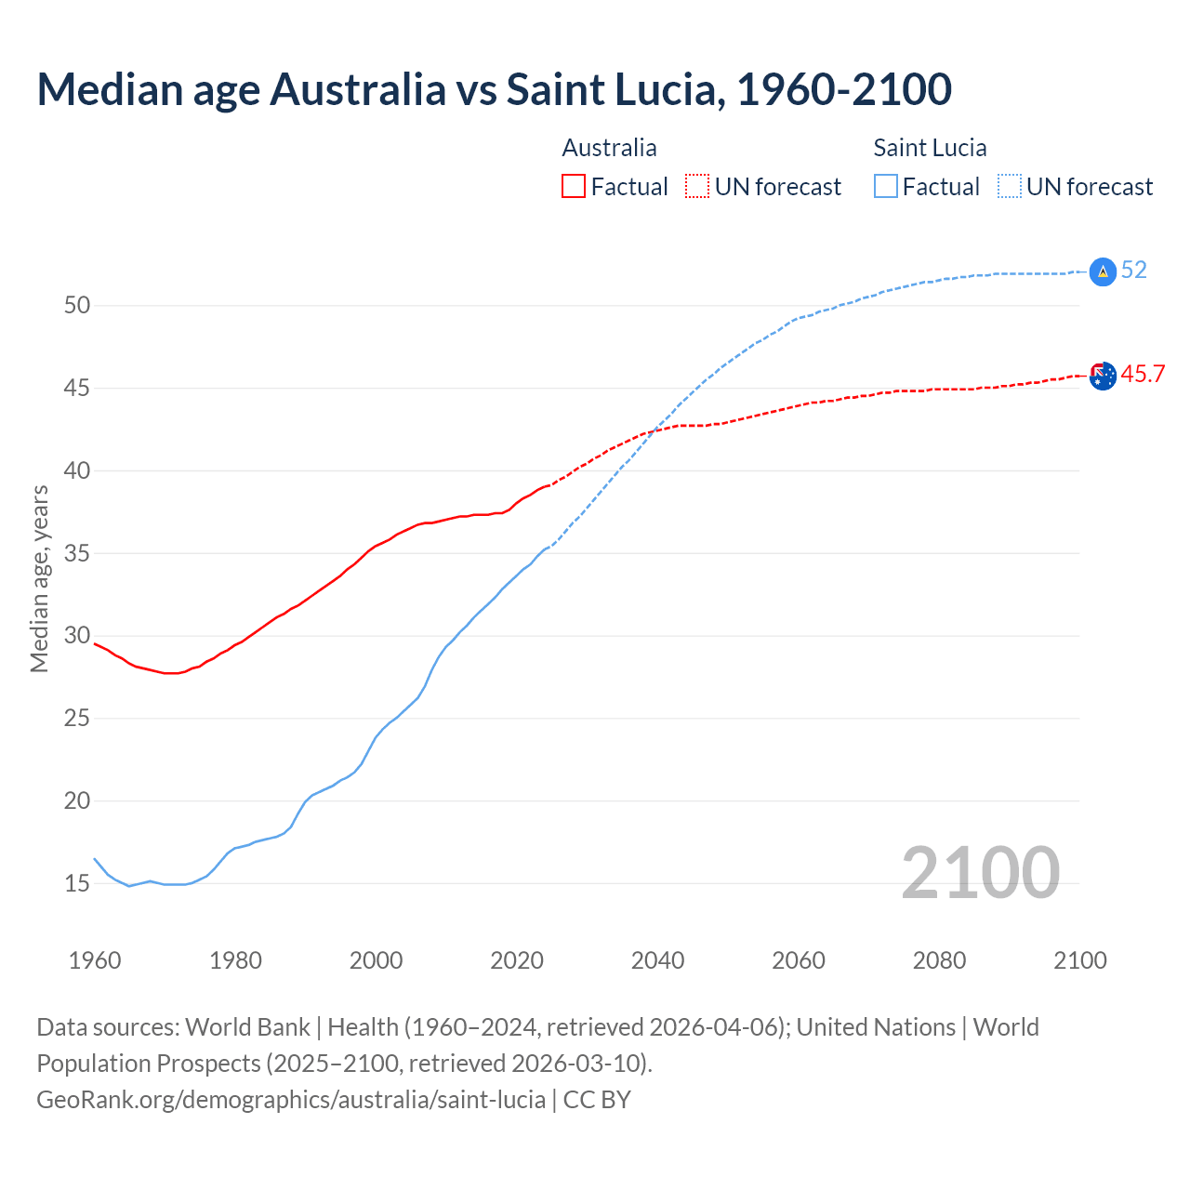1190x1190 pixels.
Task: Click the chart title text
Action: [x=494, y=89]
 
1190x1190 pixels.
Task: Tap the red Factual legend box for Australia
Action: [x=574, y=186]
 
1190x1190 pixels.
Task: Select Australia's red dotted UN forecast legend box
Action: [x=697, y=186]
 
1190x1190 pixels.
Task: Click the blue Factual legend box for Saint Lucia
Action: [x=886, y=186]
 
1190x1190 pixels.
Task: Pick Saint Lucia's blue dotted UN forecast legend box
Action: [x=1010, y=186]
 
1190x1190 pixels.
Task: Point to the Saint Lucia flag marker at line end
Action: [x=1103, y=271]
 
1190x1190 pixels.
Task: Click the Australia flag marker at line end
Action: [x=1103, y=377]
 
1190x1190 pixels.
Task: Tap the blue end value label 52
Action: [x=1134, y=271]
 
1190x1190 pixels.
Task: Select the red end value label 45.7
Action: [x=1143, y=375]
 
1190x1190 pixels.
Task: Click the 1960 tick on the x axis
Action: [x=95, y=960]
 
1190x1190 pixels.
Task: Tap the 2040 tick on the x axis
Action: [x=657, y=960]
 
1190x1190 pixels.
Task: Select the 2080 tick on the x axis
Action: [x=939, y=960]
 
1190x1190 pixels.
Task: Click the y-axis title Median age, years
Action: [x=39, y=578]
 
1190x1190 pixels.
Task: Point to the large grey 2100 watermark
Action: [x=980, y=872]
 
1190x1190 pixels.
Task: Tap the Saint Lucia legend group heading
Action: [x=930, y=148]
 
